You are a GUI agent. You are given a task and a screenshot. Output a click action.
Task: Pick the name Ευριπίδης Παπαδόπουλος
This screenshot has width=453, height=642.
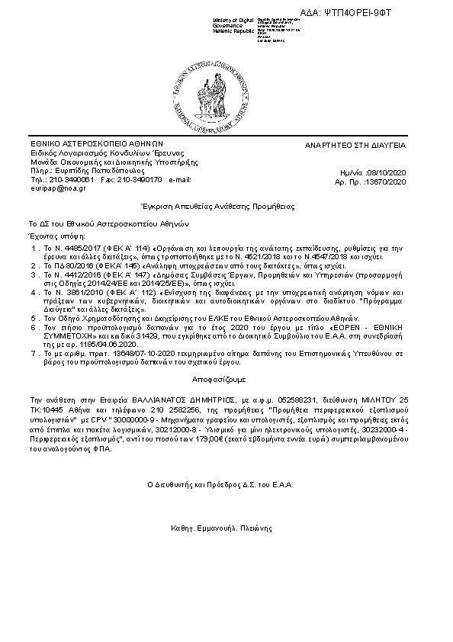click(86, 171)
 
